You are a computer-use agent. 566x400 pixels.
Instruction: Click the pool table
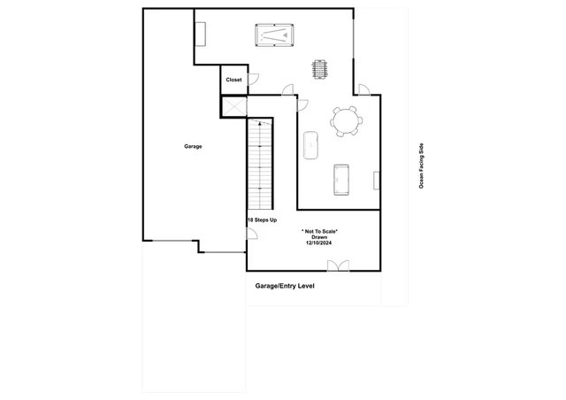(x=274, y=35)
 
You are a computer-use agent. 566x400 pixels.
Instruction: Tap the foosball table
(x=320, y=69)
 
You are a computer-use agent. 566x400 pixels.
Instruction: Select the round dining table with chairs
(x=347, y=121)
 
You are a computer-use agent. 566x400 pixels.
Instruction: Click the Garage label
(x=193, y=146)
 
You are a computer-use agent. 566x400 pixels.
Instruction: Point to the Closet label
(x=233, y=80)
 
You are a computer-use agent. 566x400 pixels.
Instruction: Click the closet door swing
(x=254, y=79)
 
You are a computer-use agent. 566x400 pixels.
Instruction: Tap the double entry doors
(x=338, y=265)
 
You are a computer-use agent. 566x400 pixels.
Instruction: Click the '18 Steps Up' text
(x=263, y=219)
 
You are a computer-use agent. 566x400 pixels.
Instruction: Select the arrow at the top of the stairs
(x=260, y=124)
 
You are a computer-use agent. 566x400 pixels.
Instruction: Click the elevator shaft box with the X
(x=233, y=107)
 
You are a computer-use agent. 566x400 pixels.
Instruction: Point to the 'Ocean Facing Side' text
(x=421, y=165)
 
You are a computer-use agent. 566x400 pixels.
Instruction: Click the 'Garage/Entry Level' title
(x=285, y=286)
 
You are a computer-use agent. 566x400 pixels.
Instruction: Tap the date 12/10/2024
(x=318, y=242)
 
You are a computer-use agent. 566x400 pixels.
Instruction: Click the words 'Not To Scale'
(x=320, y=231)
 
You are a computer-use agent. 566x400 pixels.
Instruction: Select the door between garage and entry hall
(x=251, y=234)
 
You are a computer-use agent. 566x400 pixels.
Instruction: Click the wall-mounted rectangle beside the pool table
(x=201, y=34)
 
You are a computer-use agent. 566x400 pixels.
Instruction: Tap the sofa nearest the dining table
(x=310, y=145)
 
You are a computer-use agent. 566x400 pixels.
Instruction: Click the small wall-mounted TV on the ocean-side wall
(x=377, y=181)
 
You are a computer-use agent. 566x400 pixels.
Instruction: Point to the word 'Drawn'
(x=319, y=237)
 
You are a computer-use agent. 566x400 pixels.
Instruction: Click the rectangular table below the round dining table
(x=341, y=180)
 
